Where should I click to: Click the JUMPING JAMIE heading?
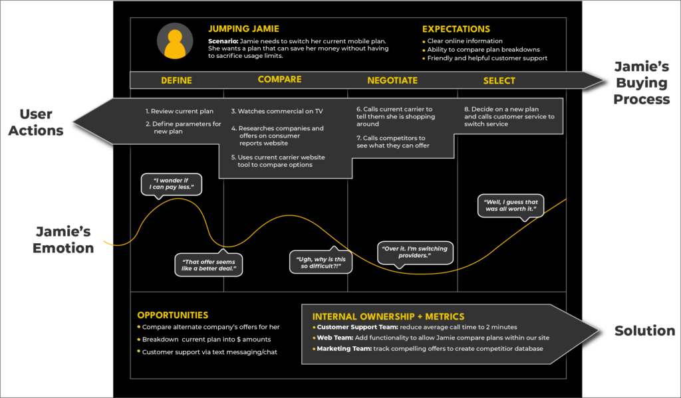243,29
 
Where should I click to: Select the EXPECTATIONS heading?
456,29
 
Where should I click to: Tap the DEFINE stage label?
176,80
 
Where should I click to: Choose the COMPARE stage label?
279,80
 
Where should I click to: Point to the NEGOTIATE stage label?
392,80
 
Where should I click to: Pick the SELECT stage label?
499,80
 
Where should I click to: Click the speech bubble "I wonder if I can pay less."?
171,184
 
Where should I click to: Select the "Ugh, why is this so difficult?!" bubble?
321,261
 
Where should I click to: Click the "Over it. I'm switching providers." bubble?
414,252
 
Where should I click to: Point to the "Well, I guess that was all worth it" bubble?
511,205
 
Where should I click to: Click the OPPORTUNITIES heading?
172,315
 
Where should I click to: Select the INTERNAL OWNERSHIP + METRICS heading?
388,316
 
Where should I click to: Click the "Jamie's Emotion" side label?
64,240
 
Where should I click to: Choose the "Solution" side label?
644,331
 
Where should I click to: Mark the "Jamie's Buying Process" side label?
640,83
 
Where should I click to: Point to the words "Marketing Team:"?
343,349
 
